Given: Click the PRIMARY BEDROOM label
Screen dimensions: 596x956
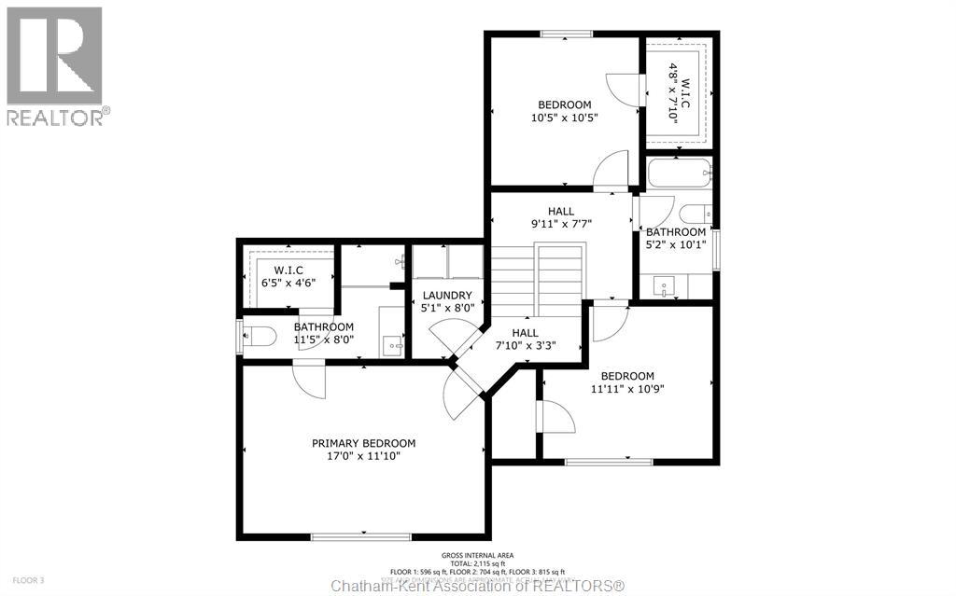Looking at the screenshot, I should click(x=363, y=443).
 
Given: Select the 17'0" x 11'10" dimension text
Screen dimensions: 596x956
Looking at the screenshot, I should click(x=363, y=457).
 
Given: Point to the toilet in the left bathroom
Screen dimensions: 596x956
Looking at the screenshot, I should click(x=256, y=336).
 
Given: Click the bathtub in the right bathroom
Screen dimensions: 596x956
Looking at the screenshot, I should click(x=679, y=172).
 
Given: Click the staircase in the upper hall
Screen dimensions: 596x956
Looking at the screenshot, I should click(x=537, y=275).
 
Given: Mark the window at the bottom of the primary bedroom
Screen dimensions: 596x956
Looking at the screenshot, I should click(x=360, y=536).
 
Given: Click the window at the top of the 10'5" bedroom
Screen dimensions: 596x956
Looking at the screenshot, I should click(x=566, y=35).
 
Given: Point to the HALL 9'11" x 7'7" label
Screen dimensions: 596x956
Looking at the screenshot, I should click(x=561, y=217).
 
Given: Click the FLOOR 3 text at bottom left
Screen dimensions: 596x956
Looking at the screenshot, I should click(x=19, y=580).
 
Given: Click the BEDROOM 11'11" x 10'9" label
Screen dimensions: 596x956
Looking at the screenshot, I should click(x=627, y=382).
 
